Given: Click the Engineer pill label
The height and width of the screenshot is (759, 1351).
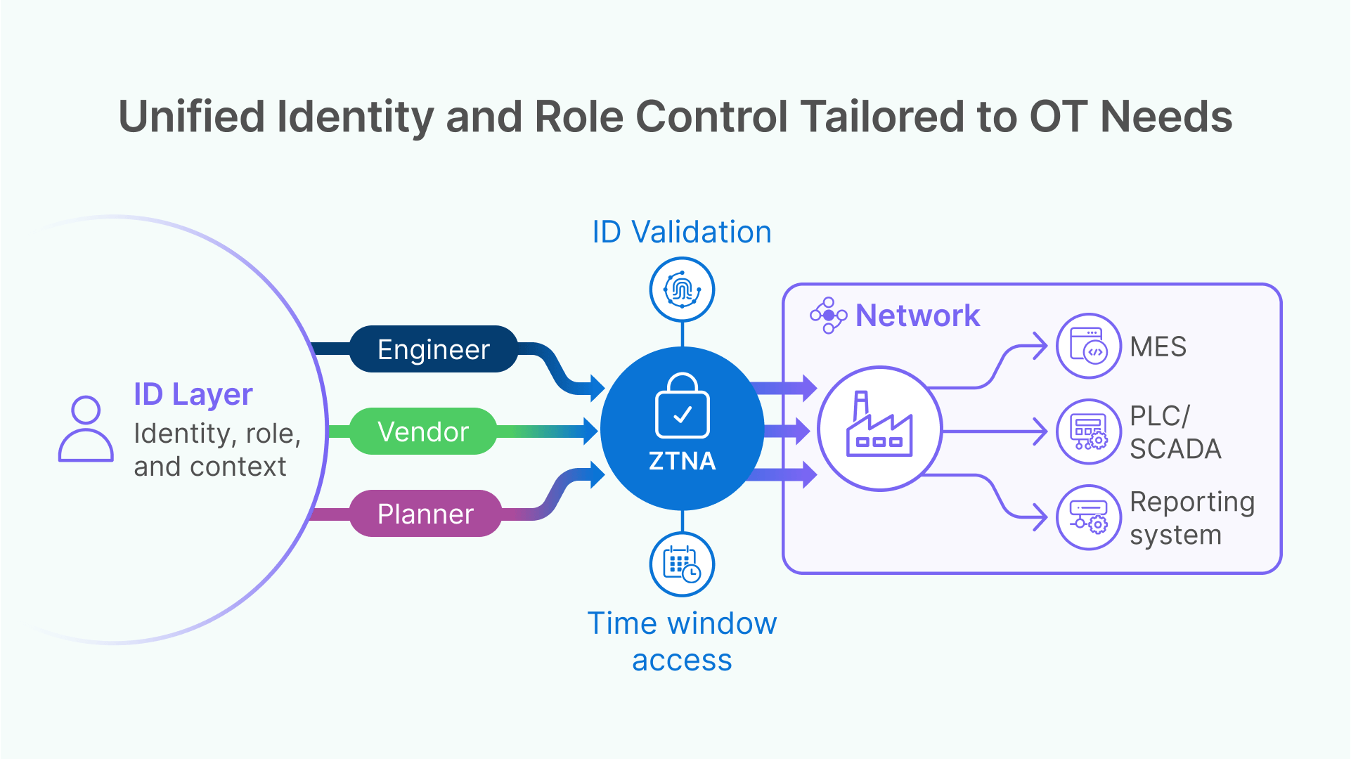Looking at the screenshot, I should click(x=433, y=349).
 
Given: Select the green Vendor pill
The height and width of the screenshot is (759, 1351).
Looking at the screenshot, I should click(x=422, y=432).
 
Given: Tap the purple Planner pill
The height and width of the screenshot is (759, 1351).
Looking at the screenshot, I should click(x=425, y=514).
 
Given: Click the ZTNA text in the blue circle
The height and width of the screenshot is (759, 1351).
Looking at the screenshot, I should click(x=682, y=461).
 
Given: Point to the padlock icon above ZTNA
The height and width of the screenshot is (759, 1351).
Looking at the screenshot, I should click(x=682, y=407).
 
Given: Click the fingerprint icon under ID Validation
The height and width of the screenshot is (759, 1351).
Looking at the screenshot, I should click(x=682, y=290).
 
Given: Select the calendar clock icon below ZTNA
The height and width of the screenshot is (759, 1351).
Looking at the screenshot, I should click(x=682, y=564).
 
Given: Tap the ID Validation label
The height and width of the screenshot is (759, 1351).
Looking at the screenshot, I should click(x=682, y=232).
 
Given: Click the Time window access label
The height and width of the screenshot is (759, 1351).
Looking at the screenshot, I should click(x=682, y=641).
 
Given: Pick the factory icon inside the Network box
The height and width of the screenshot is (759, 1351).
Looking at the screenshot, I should click(x=879, y=427).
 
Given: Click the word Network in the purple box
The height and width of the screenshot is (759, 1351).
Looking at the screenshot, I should click(x=917, y=316).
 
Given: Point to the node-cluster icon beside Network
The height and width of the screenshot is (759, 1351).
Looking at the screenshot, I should click(x=828, y=316).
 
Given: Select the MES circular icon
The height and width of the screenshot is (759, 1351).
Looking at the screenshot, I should click(x=1088, y=346).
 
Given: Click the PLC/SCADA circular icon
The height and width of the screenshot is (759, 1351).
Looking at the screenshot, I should click(x=1088, y=432).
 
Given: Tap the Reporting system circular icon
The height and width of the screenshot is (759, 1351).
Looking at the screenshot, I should click(x=1088, y=517).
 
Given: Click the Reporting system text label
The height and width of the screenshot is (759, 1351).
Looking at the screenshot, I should click(x=1191, y=518).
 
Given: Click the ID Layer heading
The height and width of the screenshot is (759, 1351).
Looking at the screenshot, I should click(x=193, y=394).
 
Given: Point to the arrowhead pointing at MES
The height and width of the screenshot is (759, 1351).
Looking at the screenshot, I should click(x=1040, y=346).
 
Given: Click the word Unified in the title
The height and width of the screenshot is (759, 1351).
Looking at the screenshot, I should click(x=191, y=117).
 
